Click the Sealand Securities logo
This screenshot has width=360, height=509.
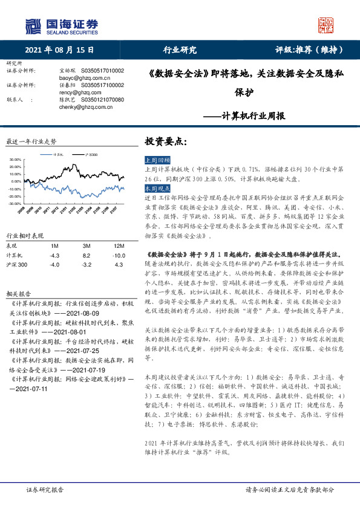click(61, 25)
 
